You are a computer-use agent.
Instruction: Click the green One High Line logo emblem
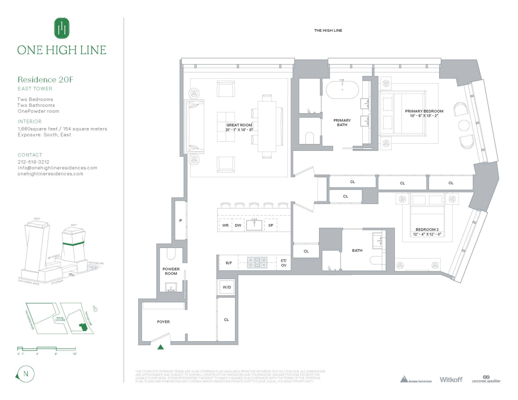[62, 28]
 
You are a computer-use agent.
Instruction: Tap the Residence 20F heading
[45, 80]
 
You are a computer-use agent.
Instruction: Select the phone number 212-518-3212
[34, 162]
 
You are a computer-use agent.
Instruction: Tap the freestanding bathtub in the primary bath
[342, 90]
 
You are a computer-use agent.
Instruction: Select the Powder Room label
[171, 271]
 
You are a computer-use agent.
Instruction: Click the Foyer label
[163, 322]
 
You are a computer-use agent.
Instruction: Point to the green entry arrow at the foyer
[161, 347]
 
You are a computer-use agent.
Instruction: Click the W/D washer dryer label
[227, 287]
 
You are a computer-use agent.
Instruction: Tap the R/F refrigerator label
[229, 263]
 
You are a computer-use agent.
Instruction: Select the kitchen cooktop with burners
[257, 262]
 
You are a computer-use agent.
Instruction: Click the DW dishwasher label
[238, 225]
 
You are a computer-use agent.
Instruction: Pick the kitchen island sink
[254, 225]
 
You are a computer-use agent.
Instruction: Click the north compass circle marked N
[26, 374]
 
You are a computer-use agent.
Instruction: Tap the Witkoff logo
[451, 380]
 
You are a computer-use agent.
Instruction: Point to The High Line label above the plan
[328, 30]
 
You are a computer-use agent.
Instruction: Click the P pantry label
[181, 220]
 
